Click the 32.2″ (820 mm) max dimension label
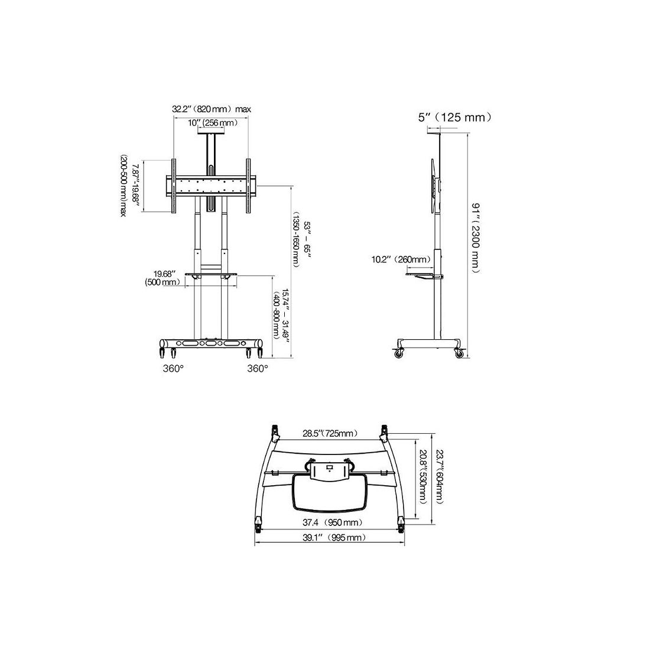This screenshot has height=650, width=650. (212, 109)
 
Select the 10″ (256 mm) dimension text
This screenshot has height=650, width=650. (213, 123)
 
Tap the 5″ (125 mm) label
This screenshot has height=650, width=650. (455, 118)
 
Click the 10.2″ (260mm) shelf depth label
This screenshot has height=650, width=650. (401, 260)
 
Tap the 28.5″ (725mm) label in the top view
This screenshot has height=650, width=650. (330, 434)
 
